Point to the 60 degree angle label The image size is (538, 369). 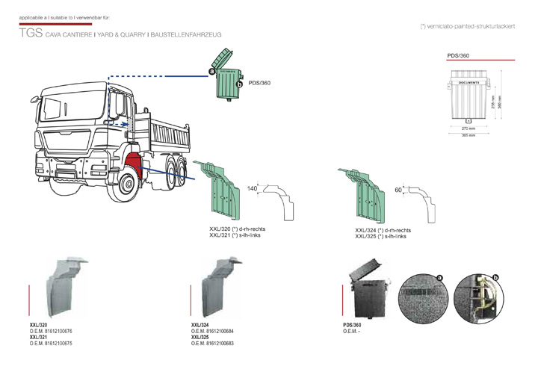[398, 190]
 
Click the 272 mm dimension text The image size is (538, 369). [468, 128]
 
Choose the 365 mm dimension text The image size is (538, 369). [468, 135]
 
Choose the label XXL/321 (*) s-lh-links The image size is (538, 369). [237, 235]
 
